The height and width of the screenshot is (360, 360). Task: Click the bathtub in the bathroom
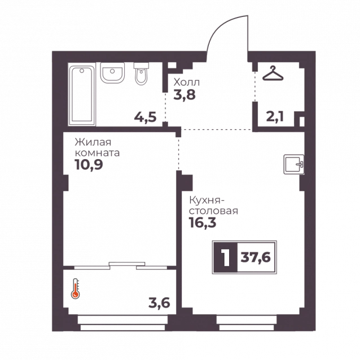[x=82, y=95]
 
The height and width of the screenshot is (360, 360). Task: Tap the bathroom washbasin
[x=112, y=73]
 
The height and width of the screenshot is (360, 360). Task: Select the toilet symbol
[x=141, y=74]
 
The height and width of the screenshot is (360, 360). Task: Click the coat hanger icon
[x=273, y=73]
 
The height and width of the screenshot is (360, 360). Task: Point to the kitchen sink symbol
[x=294, y=164]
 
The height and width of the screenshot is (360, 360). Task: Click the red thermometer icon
[x=75, y=288]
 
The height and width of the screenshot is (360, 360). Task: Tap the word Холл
[x=186, y=82]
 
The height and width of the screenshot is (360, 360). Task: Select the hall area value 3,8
[x=185, y=95]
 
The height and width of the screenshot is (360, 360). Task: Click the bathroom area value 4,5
[x=146, y=117]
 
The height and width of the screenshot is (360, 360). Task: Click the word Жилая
[x=93, y=142]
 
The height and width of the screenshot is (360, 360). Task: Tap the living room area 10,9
[x=89, y=165]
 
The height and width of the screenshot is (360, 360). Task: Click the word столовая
[x=213, y=211]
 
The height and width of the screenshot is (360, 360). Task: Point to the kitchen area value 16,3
[x=203, y=222]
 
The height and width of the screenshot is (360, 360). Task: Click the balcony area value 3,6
[x=159, y=303]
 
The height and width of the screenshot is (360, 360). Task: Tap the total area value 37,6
[x=256, y=257]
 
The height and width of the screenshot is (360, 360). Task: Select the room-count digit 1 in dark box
[x=226, y=257]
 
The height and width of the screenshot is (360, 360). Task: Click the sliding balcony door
[x=121, y=265]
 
